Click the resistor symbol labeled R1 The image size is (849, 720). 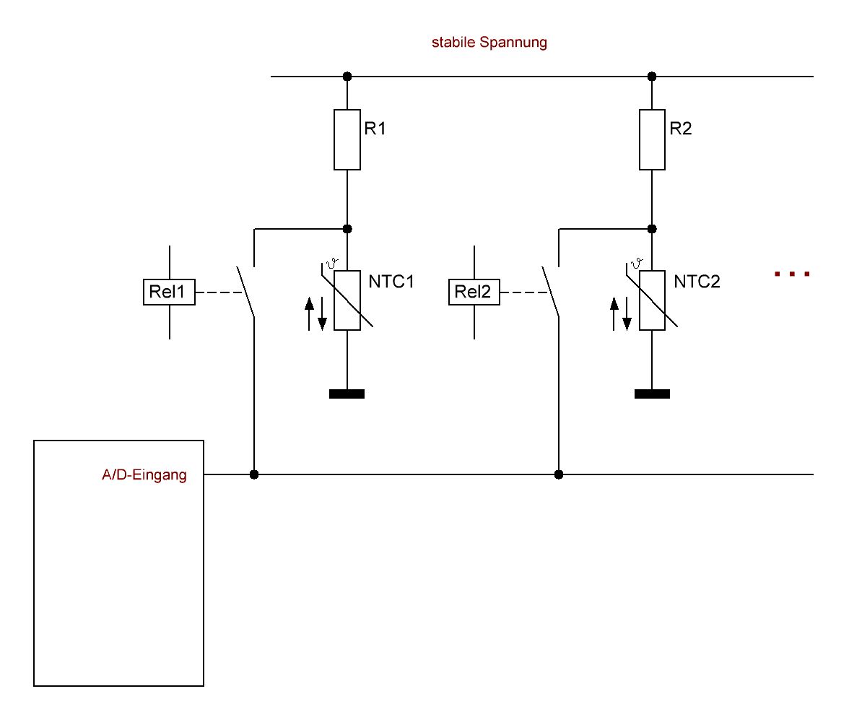347,139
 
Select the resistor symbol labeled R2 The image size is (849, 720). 652,139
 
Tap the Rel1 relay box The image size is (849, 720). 169,292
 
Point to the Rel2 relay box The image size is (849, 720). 474,292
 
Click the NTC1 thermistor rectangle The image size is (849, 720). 347,300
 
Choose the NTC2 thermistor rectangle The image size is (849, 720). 652,300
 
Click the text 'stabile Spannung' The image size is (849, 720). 489,43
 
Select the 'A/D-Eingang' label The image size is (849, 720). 144,476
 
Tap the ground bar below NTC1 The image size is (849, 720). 347,394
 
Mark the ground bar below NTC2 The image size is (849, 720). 652,394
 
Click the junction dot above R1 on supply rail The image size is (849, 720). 347,77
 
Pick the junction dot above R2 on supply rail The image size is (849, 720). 652,77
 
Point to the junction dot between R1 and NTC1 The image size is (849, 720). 347,229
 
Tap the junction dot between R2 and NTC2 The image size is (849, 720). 652,229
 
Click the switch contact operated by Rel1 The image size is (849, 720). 246,292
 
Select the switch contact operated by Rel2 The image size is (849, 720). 551,292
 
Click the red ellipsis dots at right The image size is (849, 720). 792,274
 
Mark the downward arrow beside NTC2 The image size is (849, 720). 627,313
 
